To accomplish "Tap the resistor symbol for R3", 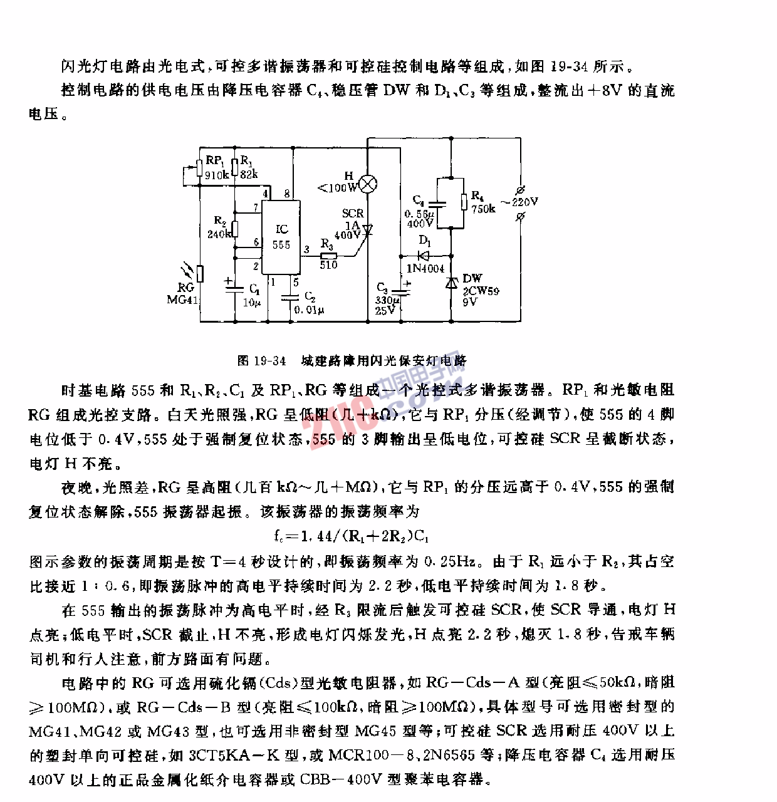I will (x=328, y=255).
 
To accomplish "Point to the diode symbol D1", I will (x=425, y=255).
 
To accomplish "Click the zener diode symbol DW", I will (x=451, y=283).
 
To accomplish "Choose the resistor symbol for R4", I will (x=464, y=202).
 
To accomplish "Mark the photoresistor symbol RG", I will (x=200, y=274).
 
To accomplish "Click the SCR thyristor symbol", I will (x=368, y=231).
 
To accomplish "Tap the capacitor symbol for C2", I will (x=291, y=299).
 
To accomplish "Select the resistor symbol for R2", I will (x=234, y=229).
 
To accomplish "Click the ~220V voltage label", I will (x=523, y=202).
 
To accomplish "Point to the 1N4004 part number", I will (x=425, y=269).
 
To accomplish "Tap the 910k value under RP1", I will (x=217, y=175).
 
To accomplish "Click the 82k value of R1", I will (x=249, y=174).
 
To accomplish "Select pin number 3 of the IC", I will (x=306, y=249).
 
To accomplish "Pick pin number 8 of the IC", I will (x=287, y=194).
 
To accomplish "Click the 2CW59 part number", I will (x=481, y=291).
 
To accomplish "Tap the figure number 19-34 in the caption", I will (x=270, y=361).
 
